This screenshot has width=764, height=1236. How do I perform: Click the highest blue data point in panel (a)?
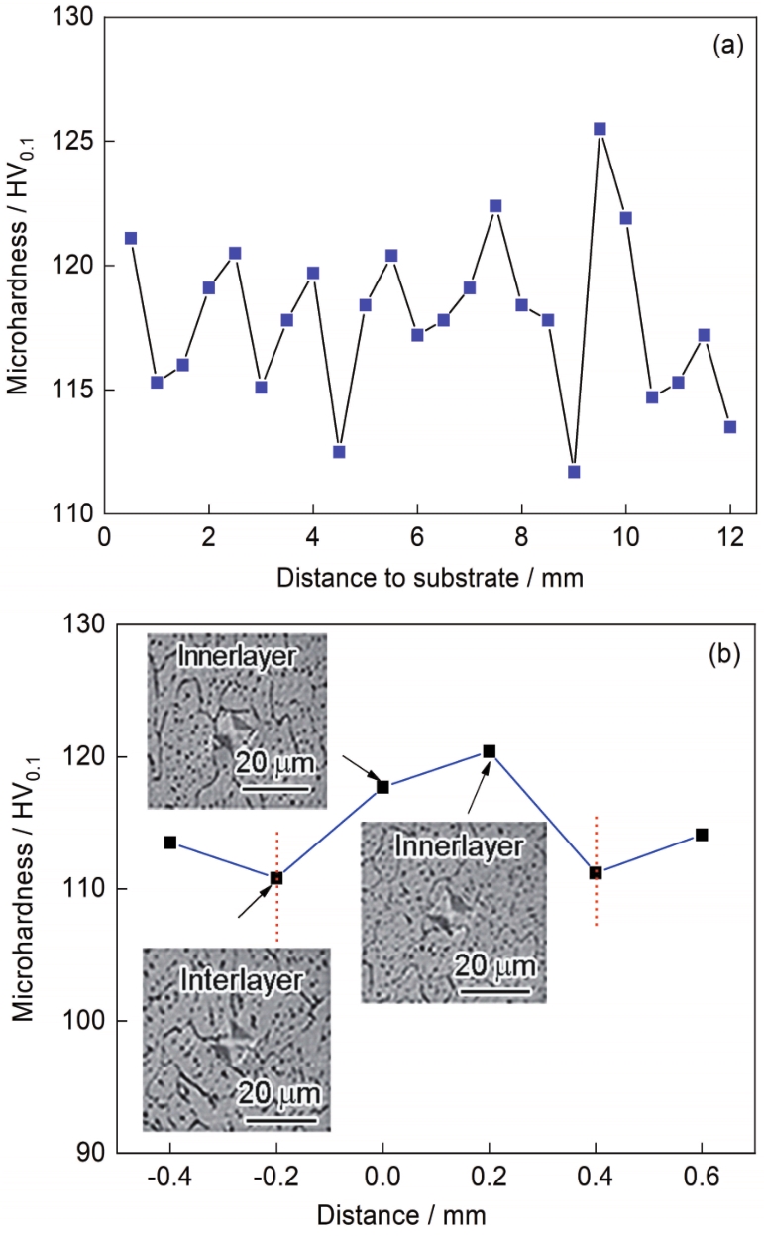tap(600, 129)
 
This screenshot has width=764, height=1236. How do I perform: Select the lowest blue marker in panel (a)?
tap(574, 471)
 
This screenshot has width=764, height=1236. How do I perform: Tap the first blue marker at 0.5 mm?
tap(131, 238)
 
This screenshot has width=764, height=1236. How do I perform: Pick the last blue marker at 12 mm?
tap(730, 426)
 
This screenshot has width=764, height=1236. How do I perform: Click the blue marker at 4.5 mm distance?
tap(339, 451)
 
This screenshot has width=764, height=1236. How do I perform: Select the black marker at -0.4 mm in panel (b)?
tap(170, 843)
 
